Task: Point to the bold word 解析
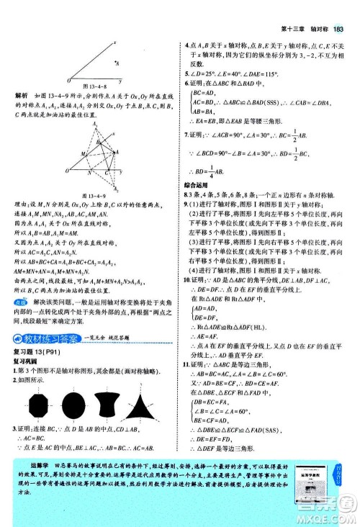click(x=22, y=94)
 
